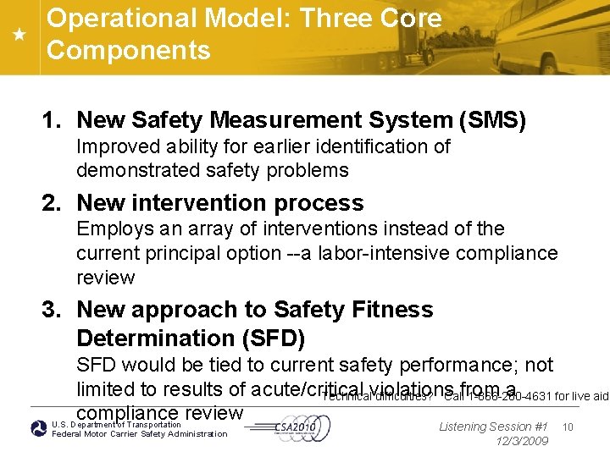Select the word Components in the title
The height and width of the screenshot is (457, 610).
[129, 50]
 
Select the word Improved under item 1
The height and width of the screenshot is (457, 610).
[118, 146]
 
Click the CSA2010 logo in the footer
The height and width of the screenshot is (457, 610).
[297, 428]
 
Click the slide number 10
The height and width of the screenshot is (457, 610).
[568, 427]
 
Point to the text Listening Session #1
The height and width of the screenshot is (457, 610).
[494, 427]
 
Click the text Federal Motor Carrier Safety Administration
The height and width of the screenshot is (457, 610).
[140, 434]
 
